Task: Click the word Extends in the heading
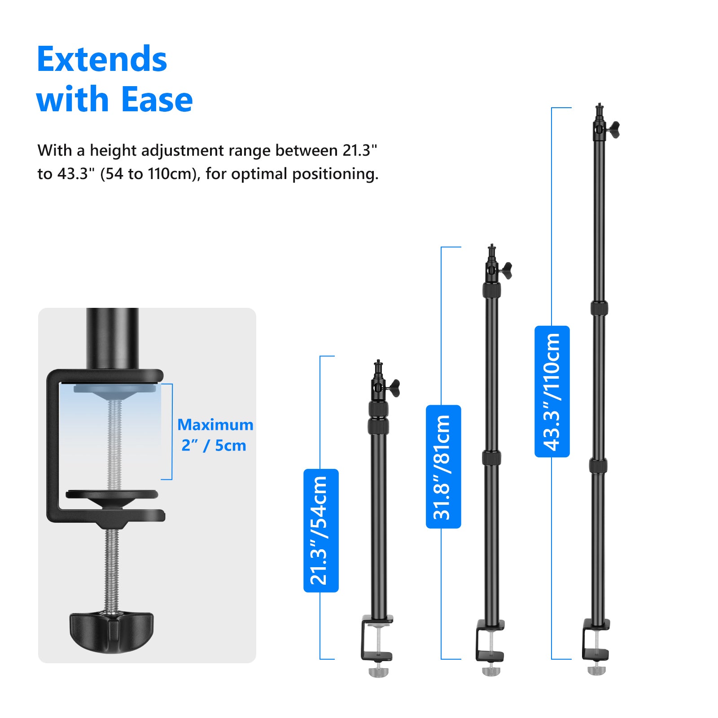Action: (x=102, y=59)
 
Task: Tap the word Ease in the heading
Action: (x=157, y=99)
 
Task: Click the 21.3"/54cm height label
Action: (x=321, y=530)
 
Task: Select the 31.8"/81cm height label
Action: (x=443, y=467)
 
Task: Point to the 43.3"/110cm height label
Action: (x=552, y=391)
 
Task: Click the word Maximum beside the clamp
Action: (x=215, y=425)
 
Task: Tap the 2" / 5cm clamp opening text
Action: (x=214, y=446)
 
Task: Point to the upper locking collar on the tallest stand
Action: (x=599, y=308)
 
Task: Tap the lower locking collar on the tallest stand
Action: (x=598, y=465)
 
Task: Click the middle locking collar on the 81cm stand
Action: (x=491, y=458)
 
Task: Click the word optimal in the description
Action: (x=260, y=174)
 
